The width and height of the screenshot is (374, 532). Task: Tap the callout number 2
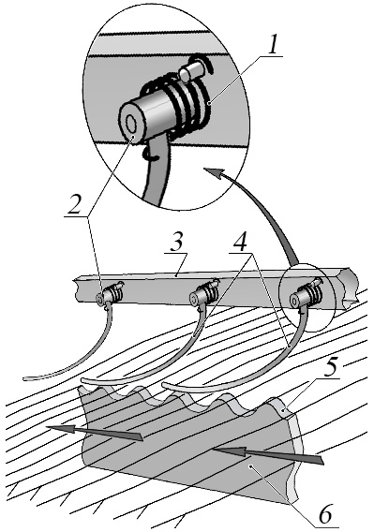74,204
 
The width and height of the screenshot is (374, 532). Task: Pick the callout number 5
332,367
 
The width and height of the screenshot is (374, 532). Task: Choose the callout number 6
325,515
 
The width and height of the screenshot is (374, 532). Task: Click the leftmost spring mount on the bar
110,293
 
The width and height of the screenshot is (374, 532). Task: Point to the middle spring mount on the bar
203,294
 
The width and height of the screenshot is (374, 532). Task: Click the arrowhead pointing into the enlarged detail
215,172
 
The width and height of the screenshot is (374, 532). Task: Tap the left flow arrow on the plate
95,433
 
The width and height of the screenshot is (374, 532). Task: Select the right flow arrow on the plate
268,455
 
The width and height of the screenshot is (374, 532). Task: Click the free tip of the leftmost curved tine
24,378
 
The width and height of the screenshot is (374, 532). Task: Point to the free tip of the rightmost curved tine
163,385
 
